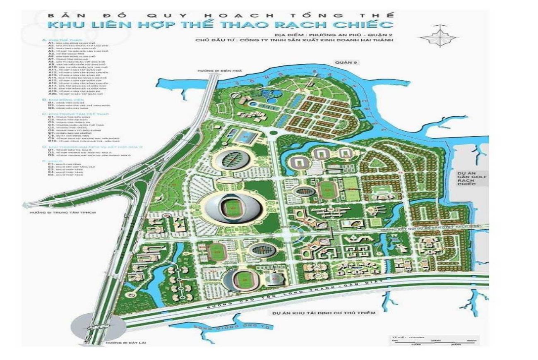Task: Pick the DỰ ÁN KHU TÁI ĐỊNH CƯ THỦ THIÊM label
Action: pyautogui.click(x=324, y=313)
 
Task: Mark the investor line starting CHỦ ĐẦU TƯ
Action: pyautogui.click(x=294, y=41)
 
